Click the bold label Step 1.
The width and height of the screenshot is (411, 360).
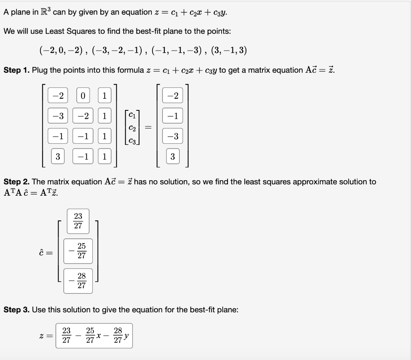(16, 70)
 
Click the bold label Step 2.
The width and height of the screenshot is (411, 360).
(16, 182)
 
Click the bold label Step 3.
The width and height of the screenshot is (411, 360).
(16, 310)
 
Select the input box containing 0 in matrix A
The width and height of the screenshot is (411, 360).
(83, 96)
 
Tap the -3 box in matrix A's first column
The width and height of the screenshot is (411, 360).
(58, 116)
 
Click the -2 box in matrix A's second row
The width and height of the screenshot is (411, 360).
(83, 116)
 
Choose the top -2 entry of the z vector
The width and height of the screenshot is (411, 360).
(173, 96)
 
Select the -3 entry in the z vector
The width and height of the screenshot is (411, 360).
(173, 136)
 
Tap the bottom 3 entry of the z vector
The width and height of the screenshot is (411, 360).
(173, 157)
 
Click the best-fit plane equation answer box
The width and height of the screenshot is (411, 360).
(94, 336)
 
